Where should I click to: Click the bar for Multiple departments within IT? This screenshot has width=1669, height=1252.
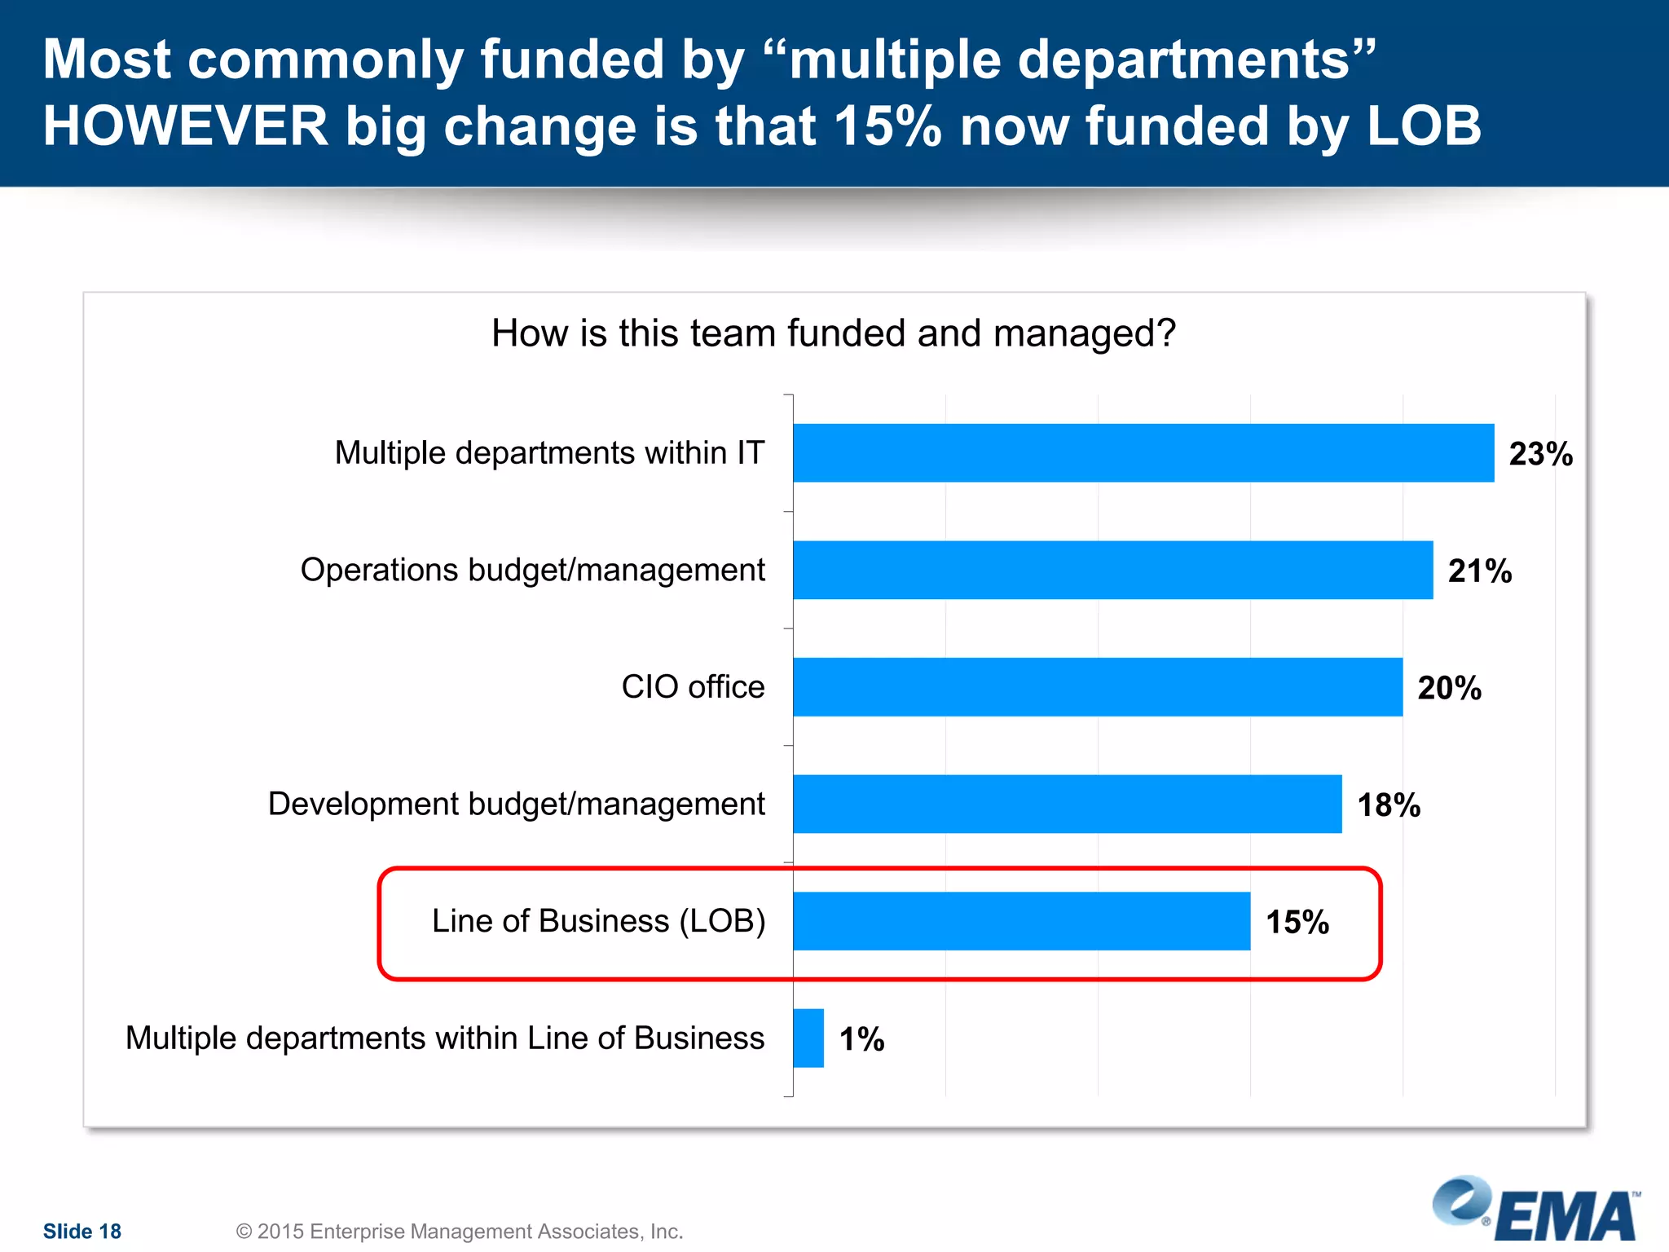(x=1143, y=452)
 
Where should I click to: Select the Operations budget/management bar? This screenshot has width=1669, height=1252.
(x=1112, y=570)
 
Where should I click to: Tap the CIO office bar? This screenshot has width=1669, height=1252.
(x=1097, y=686)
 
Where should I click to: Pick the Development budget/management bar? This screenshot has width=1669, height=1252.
(x=1067, y=804)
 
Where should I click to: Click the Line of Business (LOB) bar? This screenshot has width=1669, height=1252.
(x=1021, y=921)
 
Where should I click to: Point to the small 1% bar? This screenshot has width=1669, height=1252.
(x=808, y=1038)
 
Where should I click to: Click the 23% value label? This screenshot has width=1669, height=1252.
(x=1540, y=454)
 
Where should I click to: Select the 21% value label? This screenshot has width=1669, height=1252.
(x=1479, y=571)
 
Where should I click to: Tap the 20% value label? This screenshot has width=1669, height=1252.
(x=1449, y=688)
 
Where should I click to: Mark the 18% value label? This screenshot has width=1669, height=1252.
(x=1389, y=805)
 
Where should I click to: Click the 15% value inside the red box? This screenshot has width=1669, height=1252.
(x=1297, y=922)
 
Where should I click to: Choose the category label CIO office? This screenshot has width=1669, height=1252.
(x=693, y=686)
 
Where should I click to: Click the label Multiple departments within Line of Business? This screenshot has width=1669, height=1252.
(x=445, y=1038)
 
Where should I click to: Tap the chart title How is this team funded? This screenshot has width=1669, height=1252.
(x=833, y=333)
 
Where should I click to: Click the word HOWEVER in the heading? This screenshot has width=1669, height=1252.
(x=185, y=126)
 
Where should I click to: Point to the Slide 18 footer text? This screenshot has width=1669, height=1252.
(x=81, y=1231)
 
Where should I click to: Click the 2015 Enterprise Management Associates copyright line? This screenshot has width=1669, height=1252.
(x=459, y=1231)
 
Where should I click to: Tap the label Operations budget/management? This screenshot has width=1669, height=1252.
(x=532, y=570)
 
